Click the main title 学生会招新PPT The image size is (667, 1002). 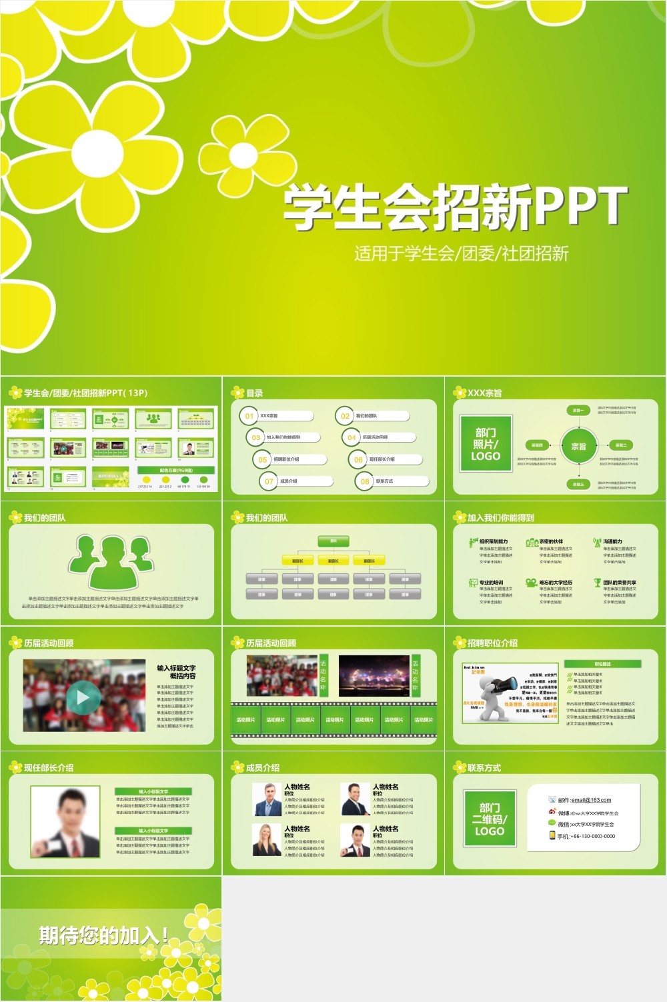click(x=455, y=207)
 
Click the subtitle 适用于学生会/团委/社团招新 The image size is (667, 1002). click(x=461, y=253)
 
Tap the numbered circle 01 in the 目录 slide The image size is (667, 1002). click(x=249, y=416)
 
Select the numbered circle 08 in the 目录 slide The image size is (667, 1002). click(x=364, y=481)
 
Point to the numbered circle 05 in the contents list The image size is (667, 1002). click(x=262, y=459)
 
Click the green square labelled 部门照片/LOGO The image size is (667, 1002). click(x=486, y=444)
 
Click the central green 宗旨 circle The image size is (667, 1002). click(x=578, y=447)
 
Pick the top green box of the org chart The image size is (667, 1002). click(x=333, y=541)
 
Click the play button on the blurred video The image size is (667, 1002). click(x=83, y=697)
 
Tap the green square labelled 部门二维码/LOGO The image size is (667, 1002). click(x=490, y=819)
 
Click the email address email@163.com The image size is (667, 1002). click(x=591, y=800)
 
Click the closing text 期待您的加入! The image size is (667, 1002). click(x=103, y=935)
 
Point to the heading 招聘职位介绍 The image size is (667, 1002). click(x=492, y=643)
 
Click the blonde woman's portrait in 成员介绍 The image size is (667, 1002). click(x=266, y=840)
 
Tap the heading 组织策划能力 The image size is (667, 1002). click(x=494, y=541)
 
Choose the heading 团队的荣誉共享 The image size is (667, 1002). click(x=620, y=582)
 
